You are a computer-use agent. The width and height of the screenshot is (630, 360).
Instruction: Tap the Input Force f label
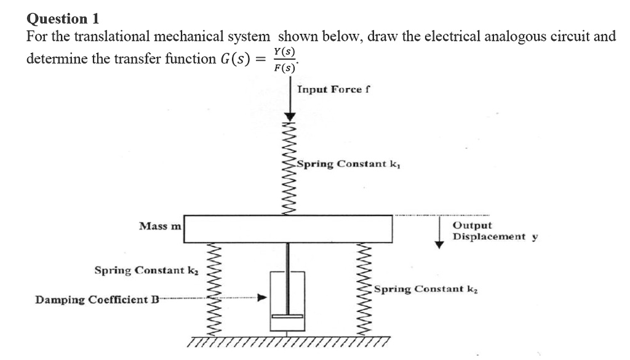(333, 89)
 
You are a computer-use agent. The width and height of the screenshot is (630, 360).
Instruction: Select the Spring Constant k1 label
(351, 164)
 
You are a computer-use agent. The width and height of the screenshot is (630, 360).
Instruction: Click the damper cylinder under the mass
(288, 302)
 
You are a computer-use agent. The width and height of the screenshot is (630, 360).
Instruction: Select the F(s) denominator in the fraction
(285, 67)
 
